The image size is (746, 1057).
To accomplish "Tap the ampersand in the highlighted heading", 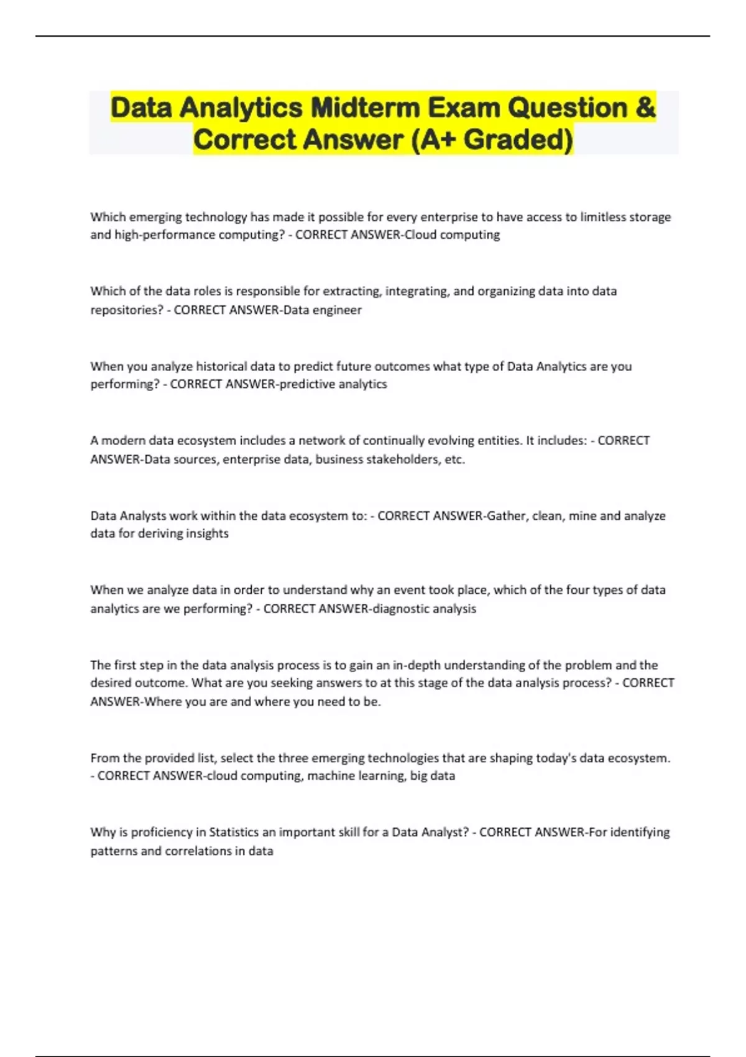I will [x=646, y=108].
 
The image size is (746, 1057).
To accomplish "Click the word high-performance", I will [x=165, y=235].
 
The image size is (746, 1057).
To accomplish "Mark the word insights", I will [x=207, y=533].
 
